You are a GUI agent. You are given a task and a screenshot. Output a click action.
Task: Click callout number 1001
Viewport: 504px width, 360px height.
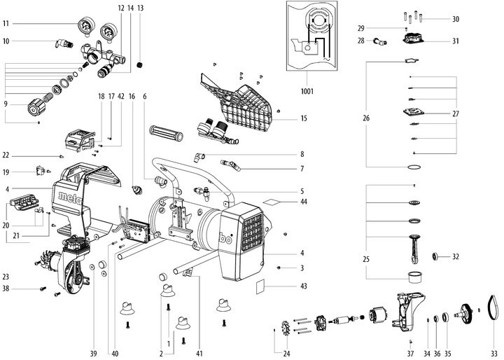(x=307, y=91)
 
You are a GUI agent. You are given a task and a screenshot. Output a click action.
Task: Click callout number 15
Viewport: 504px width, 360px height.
(x=304, y=118)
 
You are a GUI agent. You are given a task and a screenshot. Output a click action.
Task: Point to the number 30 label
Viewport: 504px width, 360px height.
(x=456, y=19)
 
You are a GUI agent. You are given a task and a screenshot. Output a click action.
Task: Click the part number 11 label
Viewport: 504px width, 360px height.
(x=7, y=23)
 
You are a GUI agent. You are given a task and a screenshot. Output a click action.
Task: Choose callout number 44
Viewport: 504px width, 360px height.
(x=304, y=202)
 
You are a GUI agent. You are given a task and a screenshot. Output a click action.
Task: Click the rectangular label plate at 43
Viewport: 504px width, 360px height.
(x=261, y=286)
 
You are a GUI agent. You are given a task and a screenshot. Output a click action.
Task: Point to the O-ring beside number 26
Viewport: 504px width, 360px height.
(x=415, y=167)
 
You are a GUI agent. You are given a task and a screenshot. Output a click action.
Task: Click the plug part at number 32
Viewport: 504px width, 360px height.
(x=437, y=256)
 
